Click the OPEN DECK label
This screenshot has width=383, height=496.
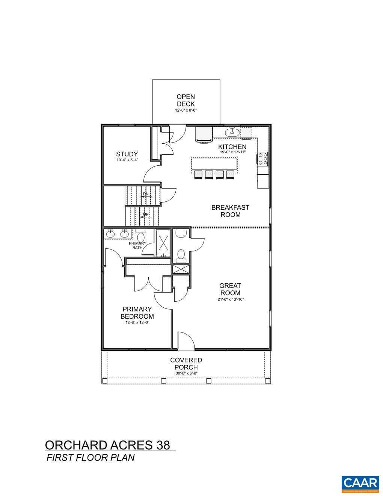point(186,100)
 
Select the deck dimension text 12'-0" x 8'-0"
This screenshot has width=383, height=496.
point(186,110)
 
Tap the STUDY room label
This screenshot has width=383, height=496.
point(127,154)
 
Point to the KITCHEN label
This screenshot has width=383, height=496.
point(232,147)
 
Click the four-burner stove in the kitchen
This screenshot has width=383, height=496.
point(263,159)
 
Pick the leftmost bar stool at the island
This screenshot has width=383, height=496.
point(198,174)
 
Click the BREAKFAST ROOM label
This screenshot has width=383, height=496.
point(230,211)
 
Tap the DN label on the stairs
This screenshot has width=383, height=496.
point(146,194)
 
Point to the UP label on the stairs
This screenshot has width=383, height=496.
point(146,215)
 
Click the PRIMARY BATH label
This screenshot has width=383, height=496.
point(137,245)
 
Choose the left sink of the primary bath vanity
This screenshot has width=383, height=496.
point(110,234)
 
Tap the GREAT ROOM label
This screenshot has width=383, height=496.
point(230,289)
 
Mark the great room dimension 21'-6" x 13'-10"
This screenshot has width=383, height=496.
point(230,299)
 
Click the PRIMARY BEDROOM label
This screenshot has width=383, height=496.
point(137,313)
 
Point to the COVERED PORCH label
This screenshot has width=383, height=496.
point(186,363)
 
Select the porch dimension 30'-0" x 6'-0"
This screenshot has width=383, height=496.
point(186,373)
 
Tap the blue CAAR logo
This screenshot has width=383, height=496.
point(360,484)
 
